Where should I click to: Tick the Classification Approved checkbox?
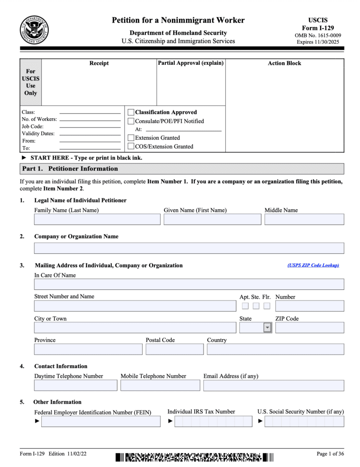pos(131,112)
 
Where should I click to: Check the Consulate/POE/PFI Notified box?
pos(131,121)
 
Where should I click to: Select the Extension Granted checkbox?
pos(131,138)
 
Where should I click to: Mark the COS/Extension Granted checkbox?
pos(131,147)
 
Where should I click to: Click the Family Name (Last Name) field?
pos(97,219)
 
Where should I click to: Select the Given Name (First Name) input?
pos(212,219)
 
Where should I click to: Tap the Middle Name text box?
pos(304,219)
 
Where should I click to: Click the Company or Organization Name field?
pos(189,248)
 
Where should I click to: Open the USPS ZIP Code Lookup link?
pos(313,265)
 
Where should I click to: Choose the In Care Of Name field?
pos(189,284)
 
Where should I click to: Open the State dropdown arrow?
pos(267,328)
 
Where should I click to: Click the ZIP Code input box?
pos(309,328)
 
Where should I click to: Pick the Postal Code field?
pos(174,349)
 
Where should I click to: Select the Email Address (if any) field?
pos(273,386)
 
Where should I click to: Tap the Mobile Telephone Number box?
pos(160,386)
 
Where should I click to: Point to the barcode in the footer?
pos(194,457)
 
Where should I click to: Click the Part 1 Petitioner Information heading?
pos(70,168)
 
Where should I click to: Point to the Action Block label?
pos(284,63)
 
